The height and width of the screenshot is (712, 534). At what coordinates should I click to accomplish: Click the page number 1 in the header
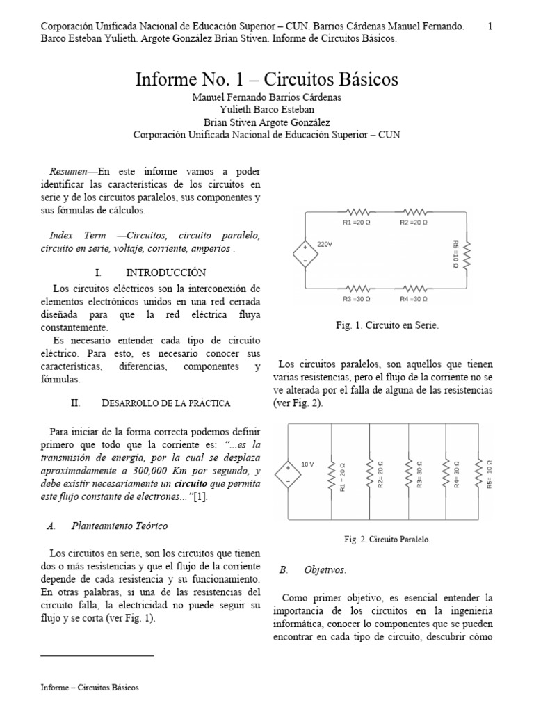tap(490, 26)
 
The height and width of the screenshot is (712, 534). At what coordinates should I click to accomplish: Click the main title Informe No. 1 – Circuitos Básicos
tap(267, 79)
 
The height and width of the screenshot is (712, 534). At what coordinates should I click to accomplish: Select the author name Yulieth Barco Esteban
tap(267, 110)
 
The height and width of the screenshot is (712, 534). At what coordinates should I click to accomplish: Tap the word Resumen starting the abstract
tap(68, 171)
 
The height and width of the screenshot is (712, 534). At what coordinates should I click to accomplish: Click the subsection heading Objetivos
tap(325, 569)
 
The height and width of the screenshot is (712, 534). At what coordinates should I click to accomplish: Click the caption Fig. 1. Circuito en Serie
tap(387, 325)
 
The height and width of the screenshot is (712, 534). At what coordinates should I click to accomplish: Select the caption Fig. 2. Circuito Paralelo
tap(387, 539)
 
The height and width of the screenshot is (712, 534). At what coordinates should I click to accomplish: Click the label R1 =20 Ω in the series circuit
tap(359, 222)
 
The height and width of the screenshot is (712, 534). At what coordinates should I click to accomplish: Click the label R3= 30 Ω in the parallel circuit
tap(419, 476)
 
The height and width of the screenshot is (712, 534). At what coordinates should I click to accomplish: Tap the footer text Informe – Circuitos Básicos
tap(90, 688)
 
